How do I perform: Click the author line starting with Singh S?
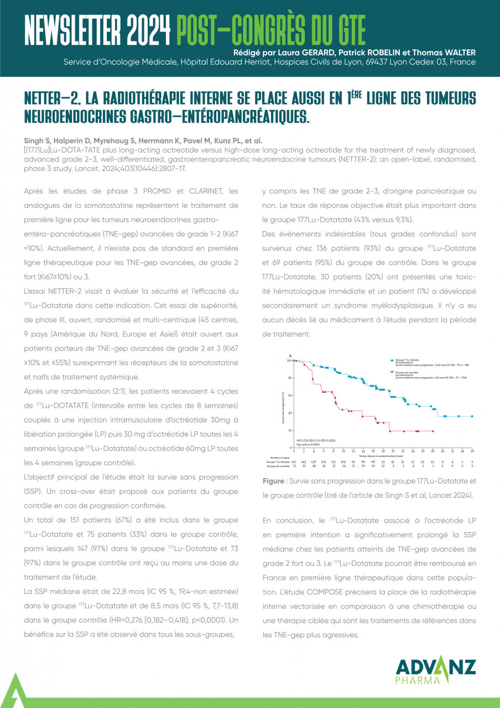[143, 141]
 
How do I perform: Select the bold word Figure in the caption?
[274, 481]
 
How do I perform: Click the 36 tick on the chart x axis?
[472, 451]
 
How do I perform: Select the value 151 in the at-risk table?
[294, 461]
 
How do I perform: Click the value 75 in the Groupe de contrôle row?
[294, 466]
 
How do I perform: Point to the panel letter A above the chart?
[291, 355]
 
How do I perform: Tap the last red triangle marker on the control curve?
[433, 431]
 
